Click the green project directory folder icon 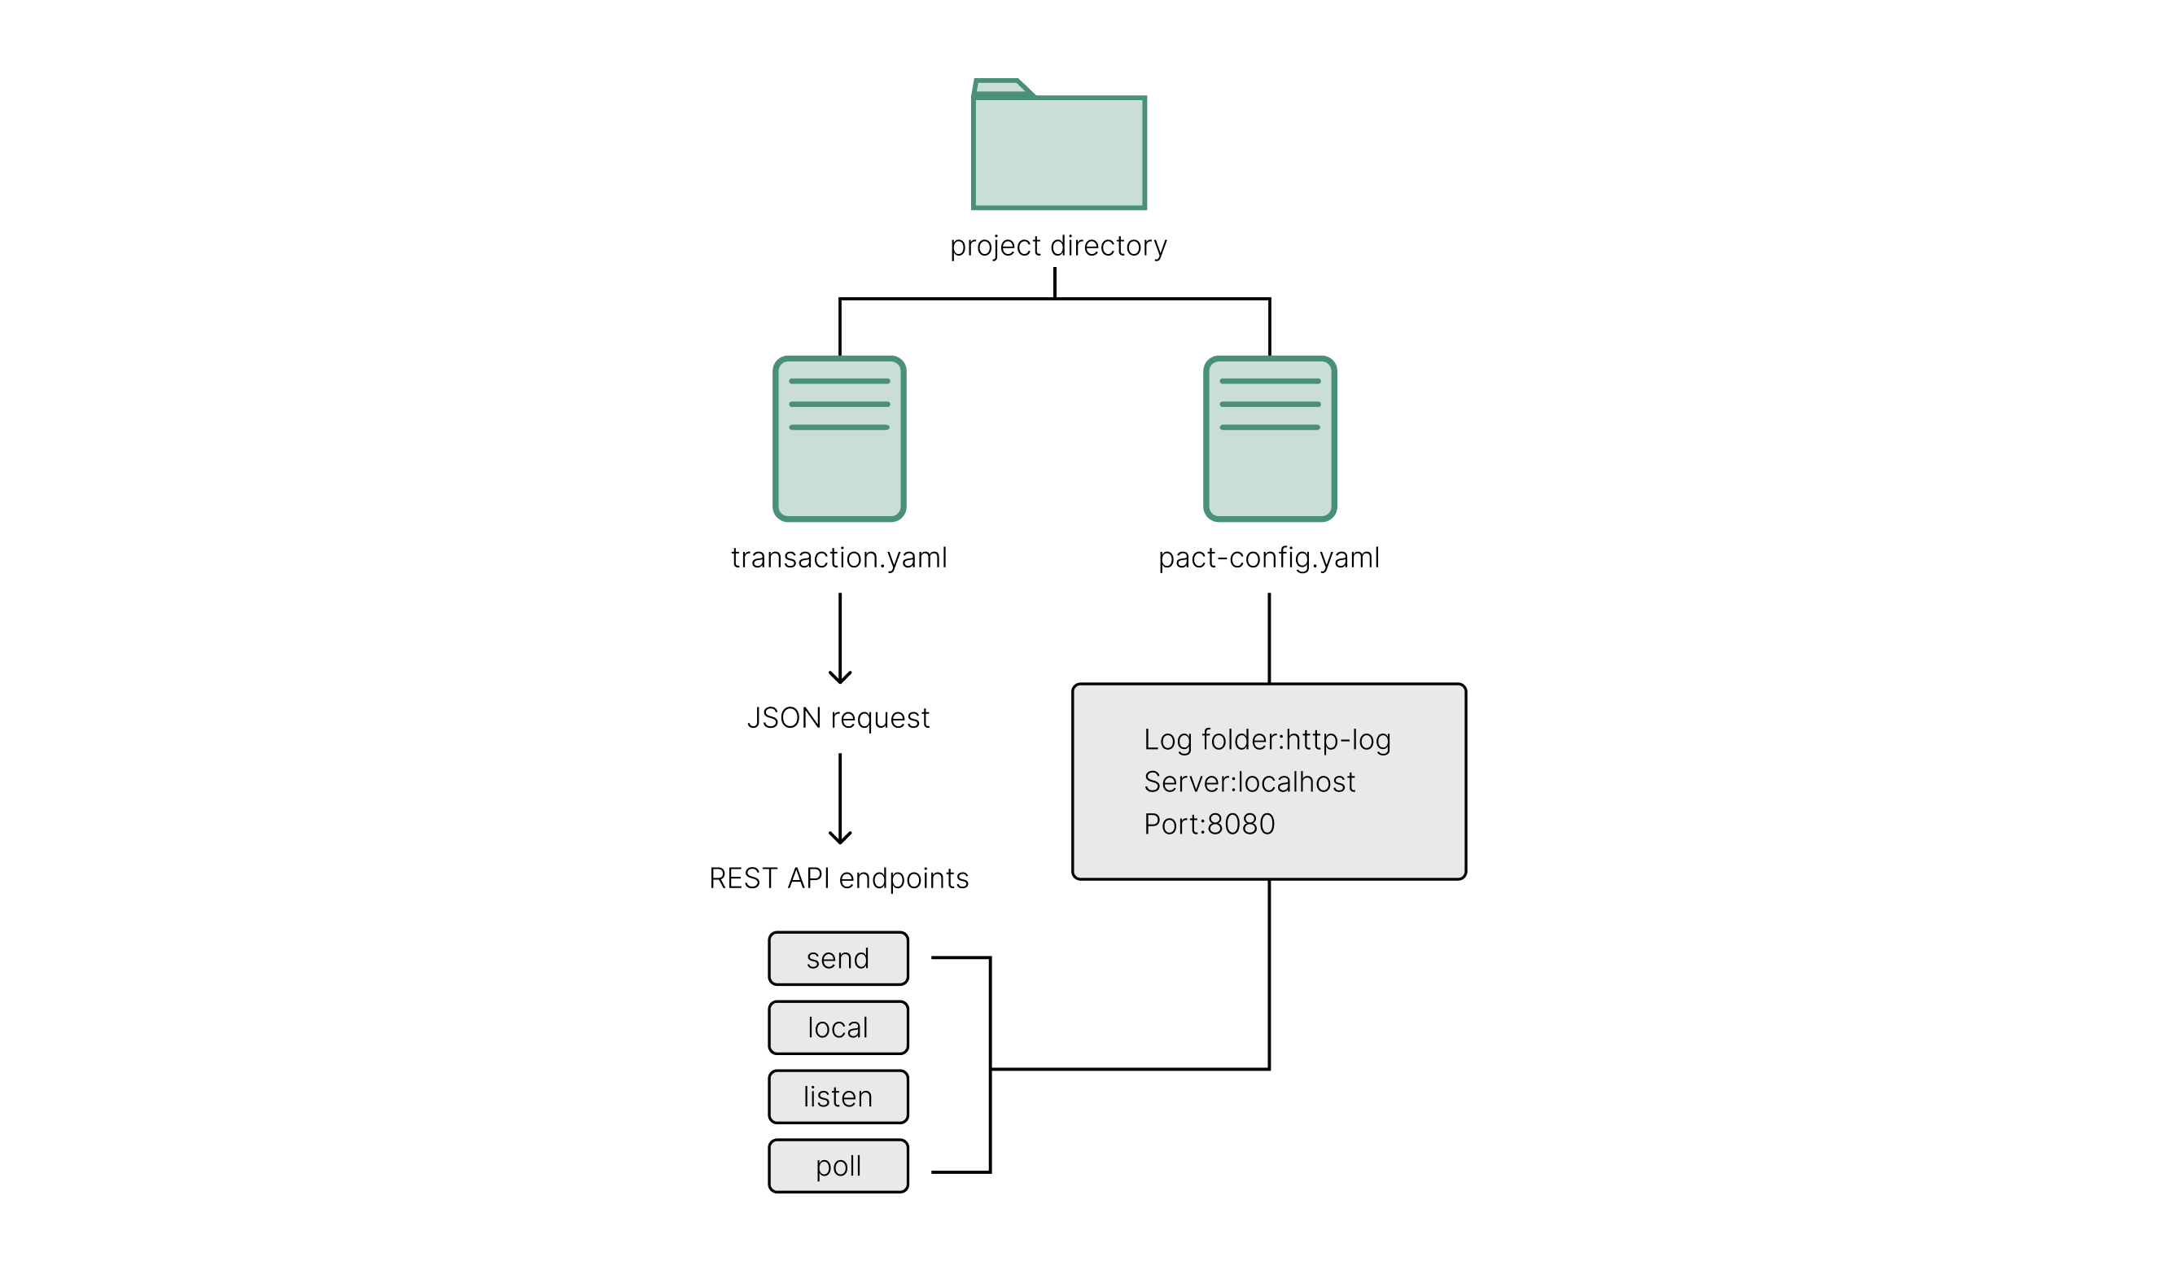1058,152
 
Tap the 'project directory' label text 1058,246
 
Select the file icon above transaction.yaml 839,440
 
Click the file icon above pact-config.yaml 1270,440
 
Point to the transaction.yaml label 839,558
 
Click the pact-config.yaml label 1269,558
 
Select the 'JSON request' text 838,718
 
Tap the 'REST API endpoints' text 839,878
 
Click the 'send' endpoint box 838,958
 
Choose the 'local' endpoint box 838,1027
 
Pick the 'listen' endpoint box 838,1097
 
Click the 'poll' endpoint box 838,1167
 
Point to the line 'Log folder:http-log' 1267,740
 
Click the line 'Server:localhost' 1249,782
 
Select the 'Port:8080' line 1210,825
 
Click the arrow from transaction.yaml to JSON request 840,638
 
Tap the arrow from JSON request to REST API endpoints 840,799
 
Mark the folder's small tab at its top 1000,88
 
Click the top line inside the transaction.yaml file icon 839,381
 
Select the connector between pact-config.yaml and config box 1269,638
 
